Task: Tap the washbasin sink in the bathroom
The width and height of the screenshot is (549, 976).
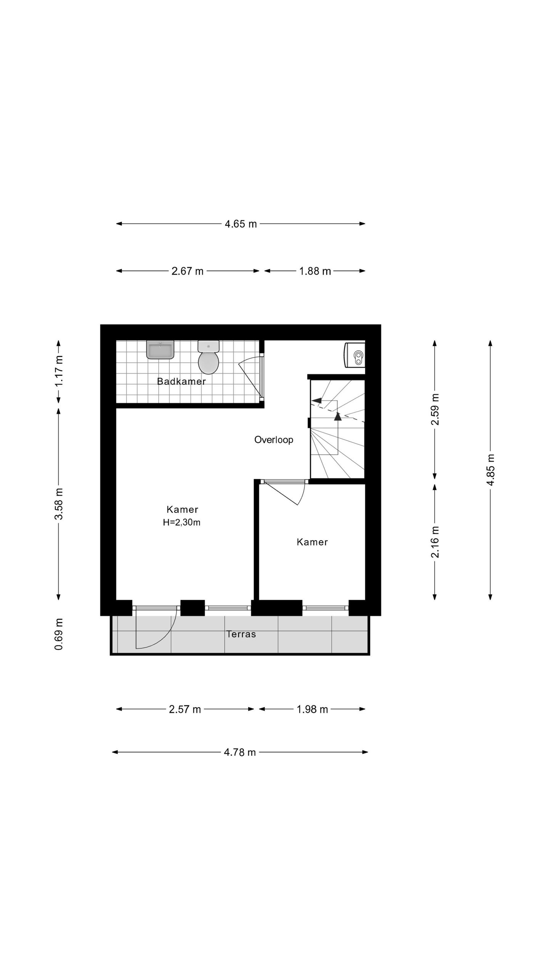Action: [x=160, y=350]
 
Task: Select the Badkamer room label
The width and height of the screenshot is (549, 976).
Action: [x=181, y=381]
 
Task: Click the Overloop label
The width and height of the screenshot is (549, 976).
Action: [x=273, y=440]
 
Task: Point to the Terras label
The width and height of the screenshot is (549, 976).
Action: [x=241, y=634]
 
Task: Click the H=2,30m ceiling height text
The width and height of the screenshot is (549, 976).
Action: [x=181, y=522]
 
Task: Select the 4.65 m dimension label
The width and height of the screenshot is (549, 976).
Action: [x=241, y=224]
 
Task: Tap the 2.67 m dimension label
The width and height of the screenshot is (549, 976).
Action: [x=187, y=271]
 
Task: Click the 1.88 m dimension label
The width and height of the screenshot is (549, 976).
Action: [x=315, y=271]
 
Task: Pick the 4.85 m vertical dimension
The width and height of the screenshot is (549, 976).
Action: [x=490, y=470]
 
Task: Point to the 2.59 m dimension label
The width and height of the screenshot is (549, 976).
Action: [x=435, y=409]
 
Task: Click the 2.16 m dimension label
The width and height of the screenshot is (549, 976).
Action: [x=435, y=542]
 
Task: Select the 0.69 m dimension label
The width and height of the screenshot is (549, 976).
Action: [x=59, y=634]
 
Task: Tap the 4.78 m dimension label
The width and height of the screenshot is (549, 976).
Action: [x=239, y=752]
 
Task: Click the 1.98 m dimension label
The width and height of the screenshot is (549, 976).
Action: [x=312, y=709]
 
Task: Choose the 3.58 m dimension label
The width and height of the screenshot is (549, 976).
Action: [x=59, y=503]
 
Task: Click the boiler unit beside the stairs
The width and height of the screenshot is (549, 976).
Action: [x=355, y=355]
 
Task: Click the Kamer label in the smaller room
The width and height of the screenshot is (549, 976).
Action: [x=312, y=542]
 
